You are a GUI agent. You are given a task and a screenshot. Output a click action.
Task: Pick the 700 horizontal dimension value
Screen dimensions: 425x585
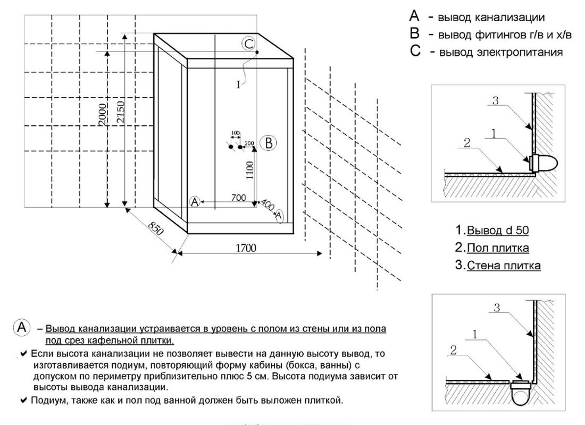coord(239,198)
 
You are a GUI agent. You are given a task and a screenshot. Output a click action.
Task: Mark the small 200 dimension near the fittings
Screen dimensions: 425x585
coord(249,143)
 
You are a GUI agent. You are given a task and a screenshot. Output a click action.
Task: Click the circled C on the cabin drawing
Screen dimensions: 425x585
coord(248,44)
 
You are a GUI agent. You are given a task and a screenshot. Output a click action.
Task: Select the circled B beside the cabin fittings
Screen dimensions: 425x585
coord(269,143)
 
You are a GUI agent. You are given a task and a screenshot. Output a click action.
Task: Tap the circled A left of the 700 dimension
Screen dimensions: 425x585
coord(195,201)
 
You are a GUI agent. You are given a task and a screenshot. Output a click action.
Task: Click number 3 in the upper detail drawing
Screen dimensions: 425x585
coord(495,101)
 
